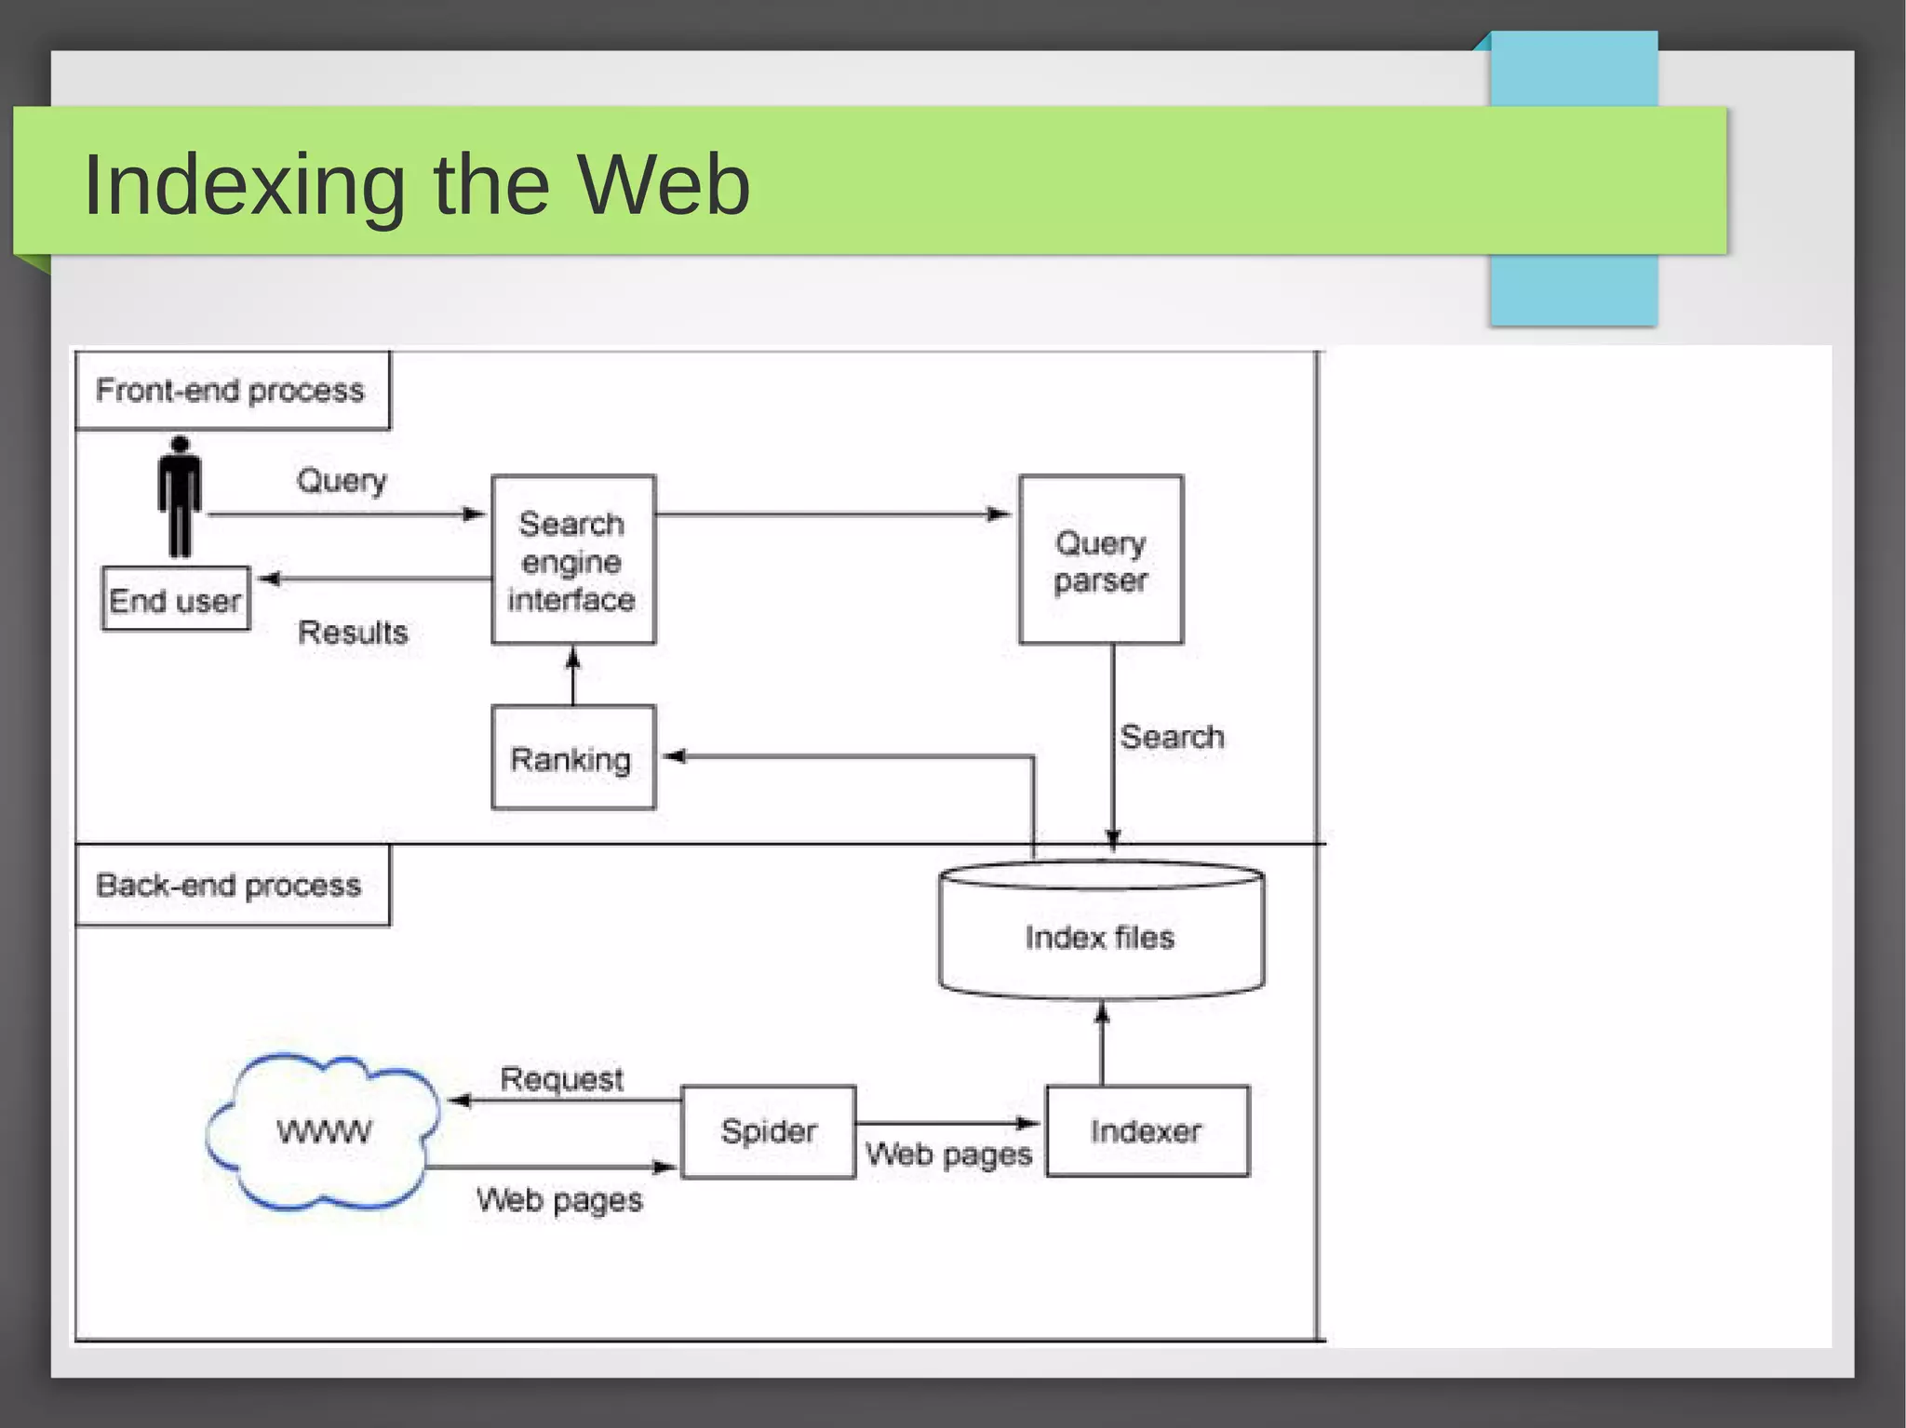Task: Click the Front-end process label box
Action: pos(231,390)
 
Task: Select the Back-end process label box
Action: pos(230,885)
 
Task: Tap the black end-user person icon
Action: pos(179,496)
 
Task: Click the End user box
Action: pos(176,600)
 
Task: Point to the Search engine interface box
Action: pos(572,560)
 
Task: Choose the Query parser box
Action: pos(1100,560)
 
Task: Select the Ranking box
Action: pos(572,758)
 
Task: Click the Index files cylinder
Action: pos(1100,935)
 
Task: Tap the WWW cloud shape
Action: pos(323,1130)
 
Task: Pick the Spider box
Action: pos(768,1131)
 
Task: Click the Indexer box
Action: pos(1147,1131)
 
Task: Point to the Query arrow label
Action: pos(342,481)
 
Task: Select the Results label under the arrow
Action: pos(353,633)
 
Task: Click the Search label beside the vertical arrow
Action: pos(1172,737)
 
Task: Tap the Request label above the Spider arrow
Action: pos(561,1079)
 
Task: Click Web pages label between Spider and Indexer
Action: pos(948,1154)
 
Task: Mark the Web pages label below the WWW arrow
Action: pos(559,1200)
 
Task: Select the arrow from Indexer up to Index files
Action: pos(1102,1043)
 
